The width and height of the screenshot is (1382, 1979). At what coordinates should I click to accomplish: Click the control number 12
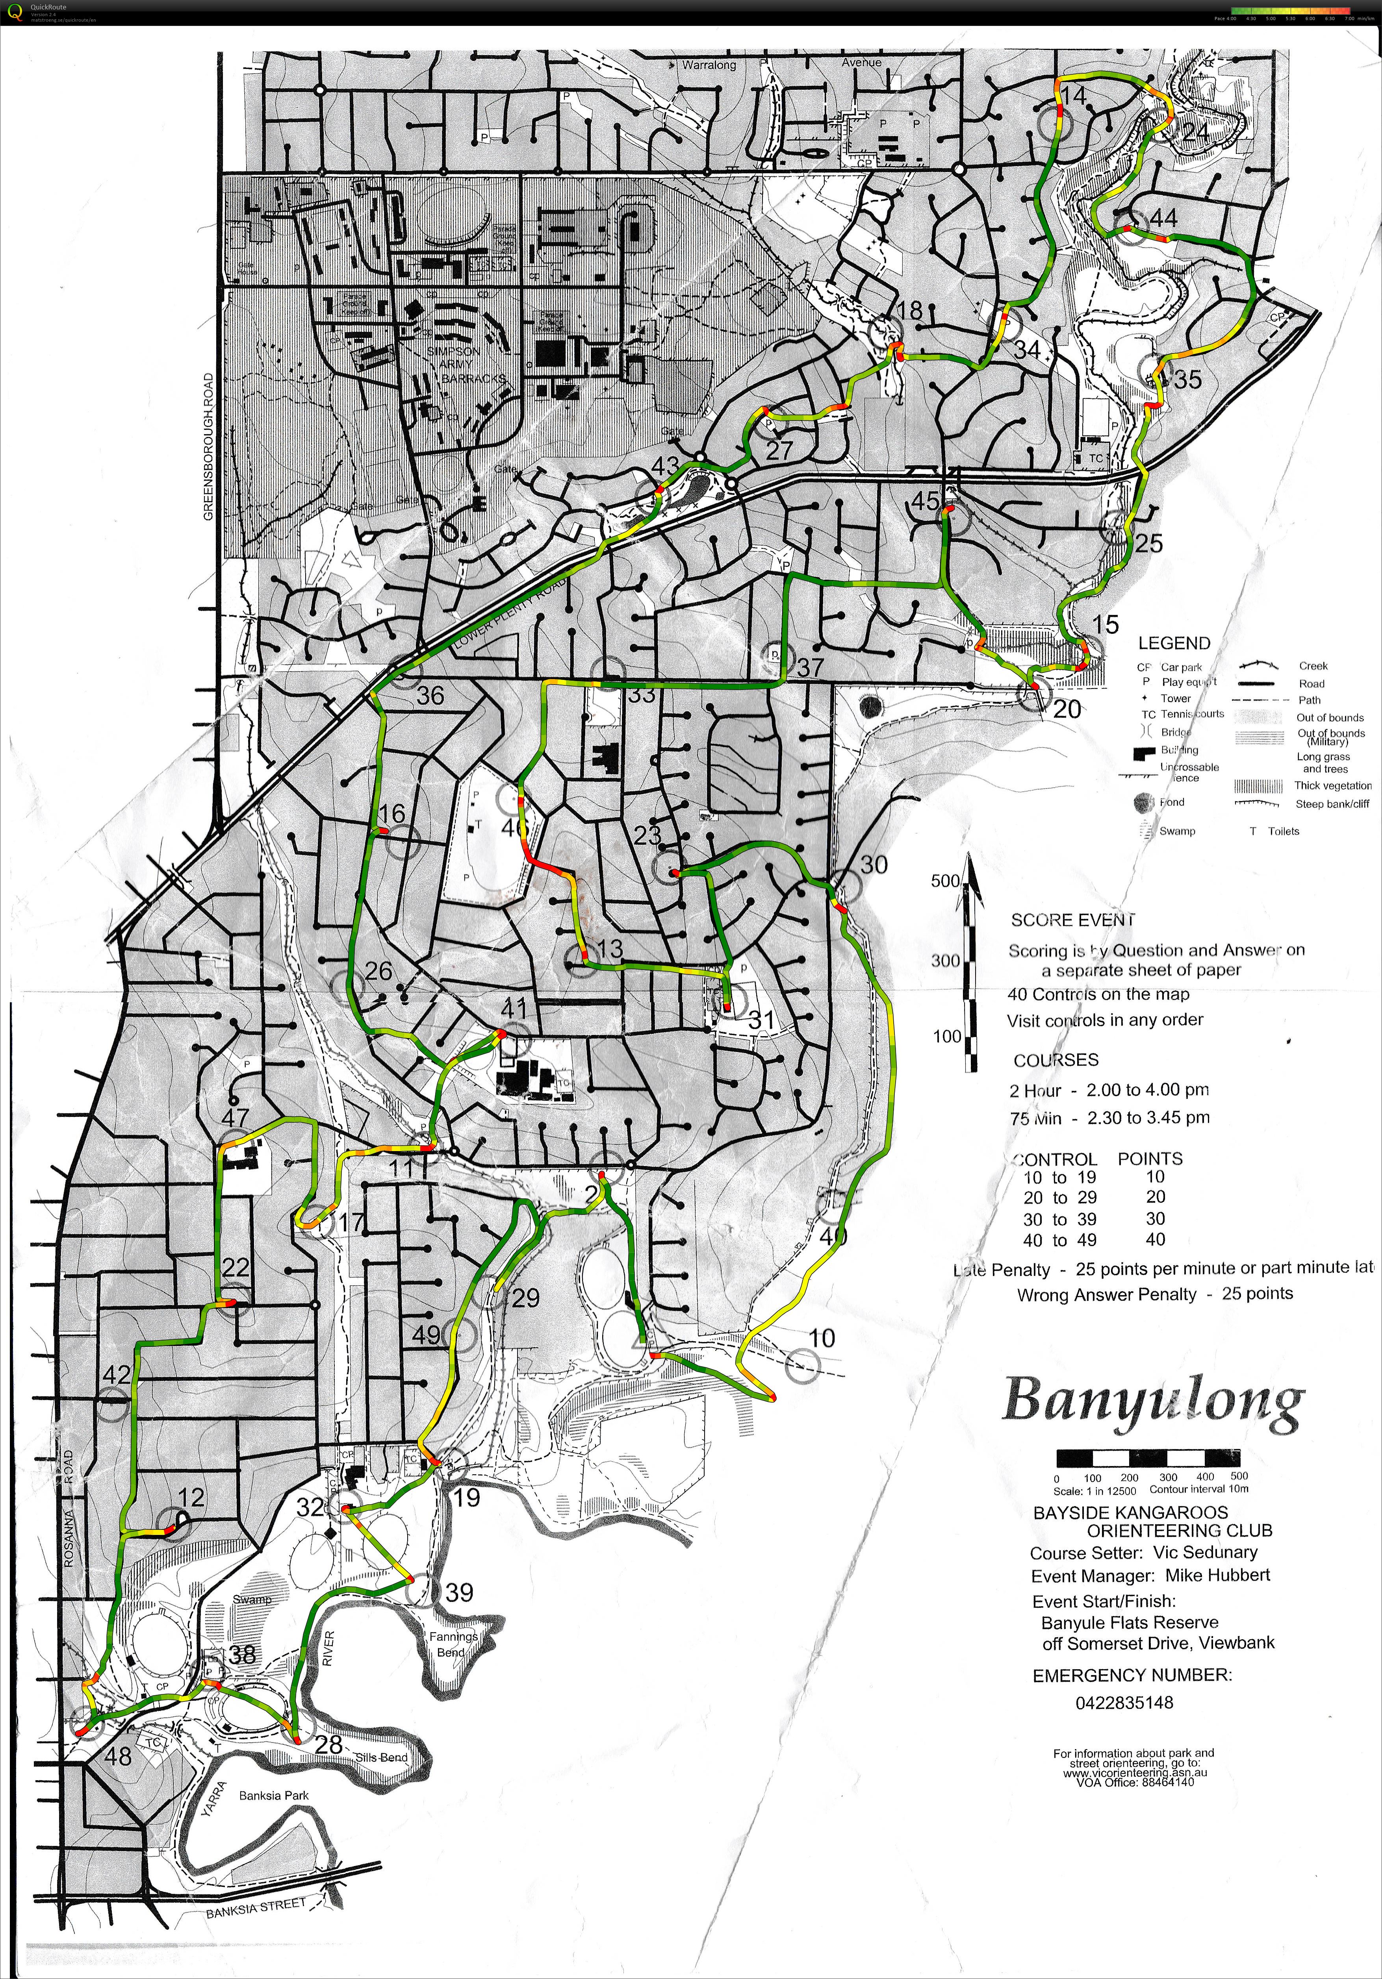pyautogui.click(x=191, y=1497)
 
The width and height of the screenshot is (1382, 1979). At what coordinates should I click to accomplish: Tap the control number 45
pyautogui.click(x=926, y=501)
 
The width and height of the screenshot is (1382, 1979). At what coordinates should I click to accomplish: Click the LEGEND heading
pyautogui.click(x=1173, y=643)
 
